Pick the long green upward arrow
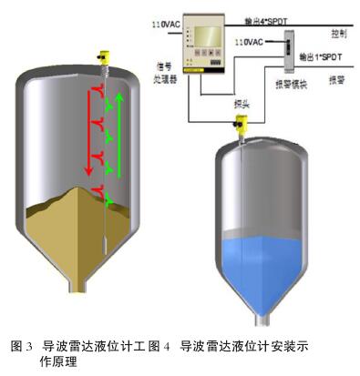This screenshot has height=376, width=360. point(119,132)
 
